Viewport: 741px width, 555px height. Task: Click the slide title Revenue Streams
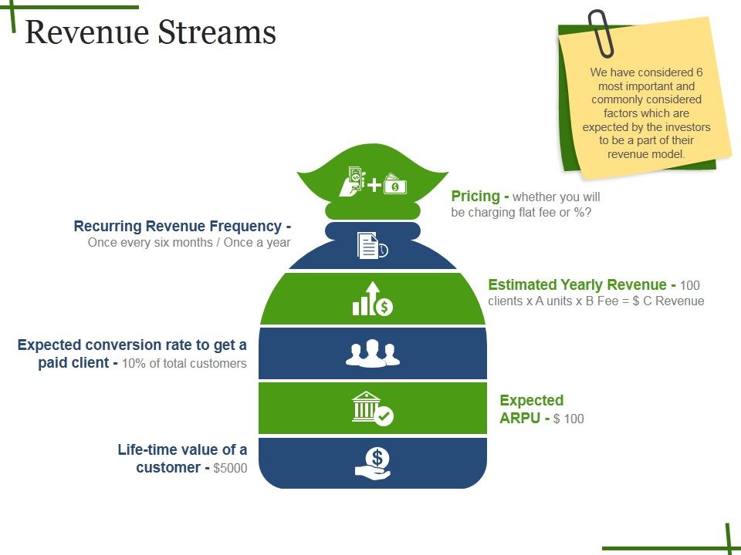pos(151,32)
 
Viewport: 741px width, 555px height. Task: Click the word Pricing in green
pos(475,197)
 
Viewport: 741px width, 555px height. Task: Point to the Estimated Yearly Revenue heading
pos(577,284)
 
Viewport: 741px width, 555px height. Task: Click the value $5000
pos(230,468)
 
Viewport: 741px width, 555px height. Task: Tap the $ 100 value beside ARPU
pos(569,419)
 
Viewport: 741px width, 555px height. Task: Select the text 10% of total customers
pos(184,364)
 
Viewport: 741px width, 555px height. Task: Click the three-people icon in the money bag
pos(373,353)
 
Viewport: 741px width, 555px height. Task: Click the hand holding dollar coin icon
pos(373,464)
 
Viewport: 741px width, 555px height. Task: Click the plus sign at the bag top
pos(374,185)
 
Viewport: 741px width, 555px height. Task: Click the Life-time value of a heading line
pos(182,449)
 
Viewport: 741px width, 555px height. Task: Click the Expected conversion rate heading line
pos(132,345)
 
